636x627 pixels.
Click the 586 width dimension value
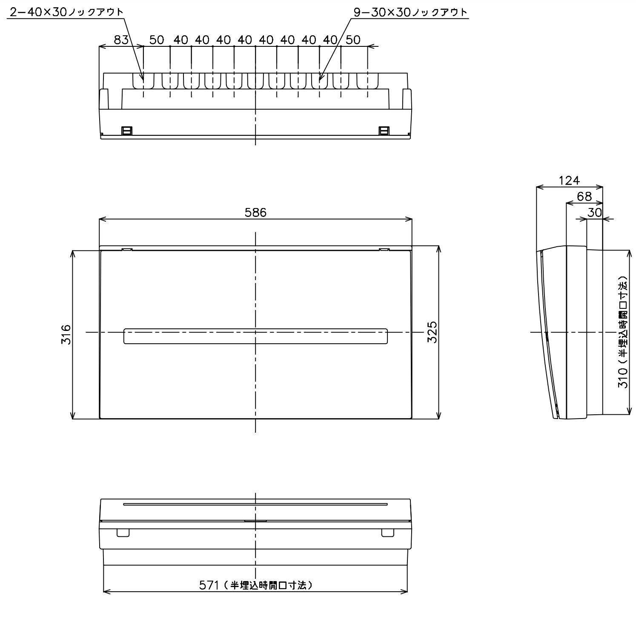(255, 212)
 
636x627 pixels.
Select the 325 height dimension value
(432, 332)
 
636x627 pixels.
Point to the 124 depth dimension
(569, 180)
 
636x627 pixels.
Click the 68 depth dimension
(584, 197)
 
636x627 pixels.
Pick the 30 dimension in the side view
(594, 212)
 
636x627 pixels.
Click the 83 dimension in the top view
(121, 40)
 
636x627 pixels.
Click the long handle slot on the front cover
(255, 336)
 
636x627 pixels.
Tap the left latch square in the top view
(126, 131)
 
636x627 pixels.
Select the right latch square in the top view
(384, 131)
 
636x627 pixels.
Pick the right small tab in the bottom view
(388, 533)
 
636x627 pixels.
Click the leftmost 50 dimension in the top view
(157, 40)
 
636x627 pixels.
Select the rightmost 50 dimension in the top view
(353, 40)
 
